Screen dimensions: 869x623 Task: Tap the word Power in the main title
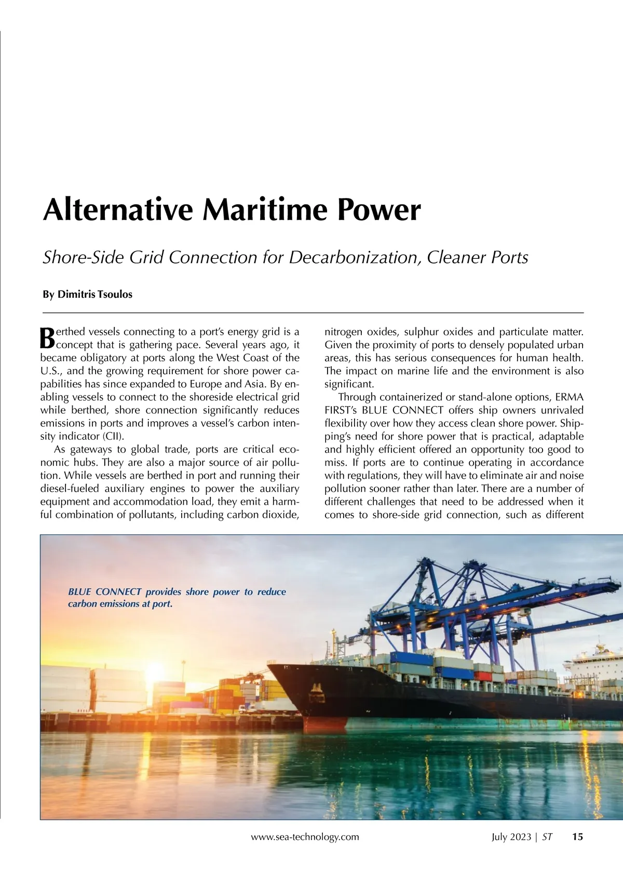[x=379, y=210]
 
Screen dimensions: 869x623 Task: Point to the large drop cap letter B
[x=47, y=338]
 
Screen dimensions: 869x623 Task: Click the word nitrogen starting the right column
[x=343, y=332]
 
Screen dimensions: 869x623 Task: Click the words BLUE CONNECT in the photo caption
[x=105, y=591]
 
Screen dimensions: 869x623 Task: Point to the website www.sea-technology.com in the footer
[x=305, y=837]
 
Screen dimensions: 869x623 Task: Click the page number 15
[x=577, y=837]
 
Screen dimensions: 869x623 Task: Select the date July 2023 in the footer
[x=511, y=837]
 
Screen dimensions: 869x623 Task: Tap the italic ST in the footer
[x=547, y=837]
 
